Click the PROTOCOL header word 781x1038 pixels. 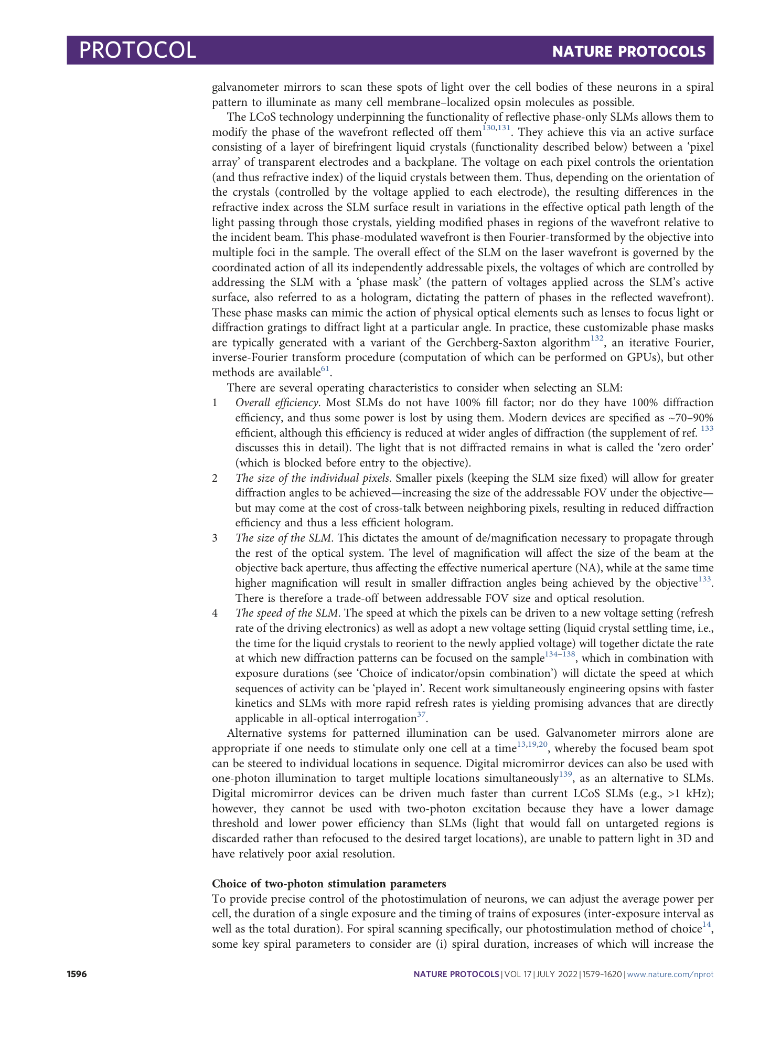(137, 50)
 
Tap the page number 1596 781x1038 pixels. (77, 975)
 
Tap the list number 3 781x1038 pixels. (215, 538)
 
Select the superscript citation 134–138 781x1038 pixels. (560, 655)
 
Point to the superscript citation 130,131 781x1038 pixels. (496, 129)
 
